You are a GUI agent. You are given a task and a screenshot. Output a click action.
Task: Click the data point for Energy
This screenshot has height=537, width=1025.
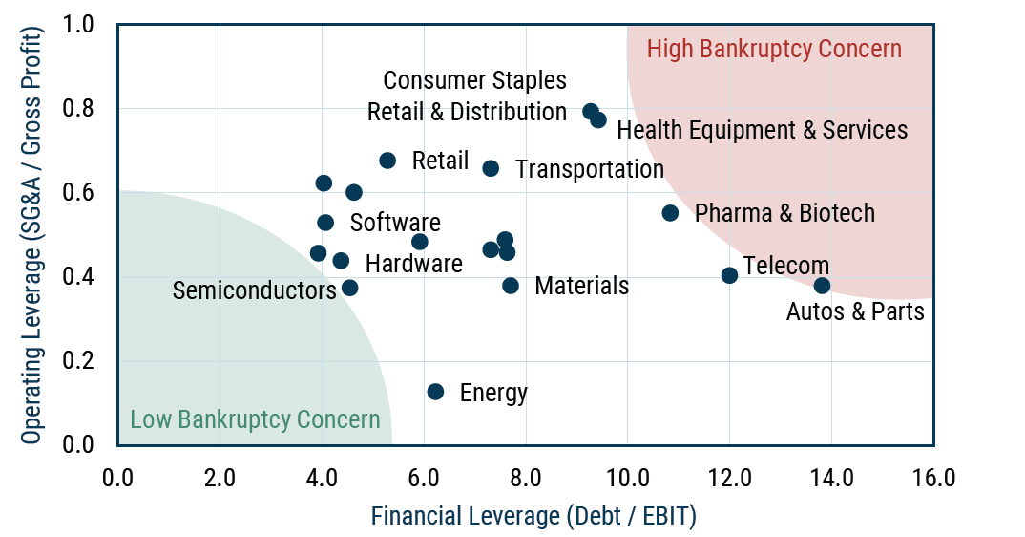click(435, 392)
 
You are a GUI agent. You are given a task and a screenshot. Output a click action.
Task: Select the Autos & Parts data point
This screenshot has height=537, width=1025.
click(822, 286)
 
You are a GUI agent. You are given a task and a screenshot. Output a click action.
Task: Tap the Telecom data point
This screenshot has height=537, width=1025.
click(729, 275)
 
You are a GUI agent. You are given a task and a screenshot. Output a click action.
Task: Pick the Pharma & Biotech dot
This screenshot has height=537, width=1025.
click(670, 213)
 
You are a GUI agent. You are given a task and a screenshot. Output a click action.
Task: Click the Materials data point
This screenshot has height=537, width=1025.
click(511, 286)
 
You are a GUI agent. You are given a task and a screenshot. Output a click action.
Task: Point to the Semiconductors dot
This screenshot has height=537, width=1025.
click(349, 288)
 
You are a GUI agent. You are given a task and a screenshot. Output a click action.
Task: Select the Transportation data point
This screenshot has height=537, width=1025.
click(491, 168)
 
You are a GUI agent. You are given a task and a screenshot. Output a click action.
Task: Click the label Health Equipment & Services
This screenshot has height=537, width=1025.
click(762, 129)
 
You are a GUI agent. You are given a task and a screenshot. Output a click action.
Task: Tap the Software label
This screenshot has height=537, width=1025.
click(395, 223)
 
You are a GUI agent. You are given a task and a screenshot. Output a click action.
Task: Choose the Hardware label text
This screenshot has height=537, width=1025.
click(413, 264)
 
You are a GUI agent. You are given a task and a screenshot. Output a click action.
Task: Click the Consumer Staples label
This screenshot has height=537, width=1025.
click(474, 80)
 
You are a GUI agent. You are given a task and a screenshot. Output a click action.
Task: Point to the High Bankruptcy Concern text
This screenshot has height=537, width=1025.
click(774, 49)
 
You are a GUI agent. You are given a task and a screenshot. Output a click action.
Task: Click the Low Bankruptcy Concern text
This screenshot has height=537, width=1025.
click(255, 419)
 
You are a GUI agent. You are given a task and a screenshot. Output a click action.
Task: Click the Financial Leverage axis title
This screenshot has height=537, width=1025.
click(533, 517)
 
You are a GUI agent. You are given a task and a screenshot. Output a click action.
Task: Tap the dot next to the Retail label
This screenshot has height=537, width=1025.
click(387, 161)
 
